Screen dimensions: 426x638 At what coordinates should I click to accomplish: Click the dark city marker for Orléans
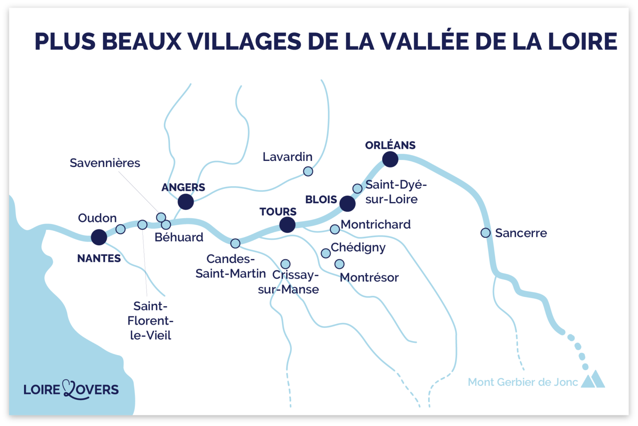(x=390, y=159)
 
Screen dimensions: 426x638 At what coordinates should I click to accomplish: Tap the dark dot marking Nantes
(x=99, y=237)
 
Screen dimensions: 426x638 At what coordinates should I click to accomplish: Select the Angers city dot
(x=186, y=202)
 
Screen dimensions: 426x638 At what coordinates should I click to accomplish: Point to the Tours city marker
(x=287, y=225)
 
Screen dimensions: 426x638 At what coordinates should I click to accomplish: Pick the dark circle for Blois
(x=347, y=204)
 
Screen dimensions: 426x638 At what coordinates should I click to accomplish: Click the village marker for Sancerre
(x=485, y=233)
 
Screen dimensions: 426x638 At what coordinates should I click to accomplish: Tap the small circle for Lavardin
(x=308, y=171)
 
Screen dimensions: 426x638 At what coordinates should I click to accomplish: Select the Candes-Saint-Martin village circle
(x=235, y=243)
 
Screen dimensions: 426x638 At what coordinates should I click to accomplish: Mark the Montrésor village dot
(x=339, y=264)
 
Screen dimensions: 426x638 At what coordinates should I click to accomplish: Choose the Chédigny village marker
(x=326, y=253)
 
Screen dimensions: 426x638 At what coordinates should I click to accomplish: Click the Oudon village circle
(x=120, y=229)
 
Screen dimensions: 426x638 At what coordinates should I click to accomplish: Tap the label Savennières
(x=105, y=163)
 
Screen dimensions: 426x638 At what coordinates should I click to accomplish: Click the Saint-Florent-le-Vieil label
(x=150, y=321)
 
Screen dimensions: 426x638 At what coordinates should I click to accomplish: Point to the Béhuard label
(x=179, y=237)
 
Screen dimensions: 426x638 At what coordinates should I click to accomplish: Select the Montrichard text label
(x=375, y=224)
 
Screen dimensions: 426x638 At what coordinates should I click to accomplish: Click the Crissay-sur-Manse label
(x=289, y=282)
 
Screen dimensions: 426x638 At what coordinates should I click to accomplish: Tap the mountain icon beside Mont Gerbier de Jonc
(x=593, y=379)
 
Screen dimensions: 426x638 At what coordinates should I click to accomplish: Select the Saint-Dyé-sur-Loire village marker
(x=357, y=189)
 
